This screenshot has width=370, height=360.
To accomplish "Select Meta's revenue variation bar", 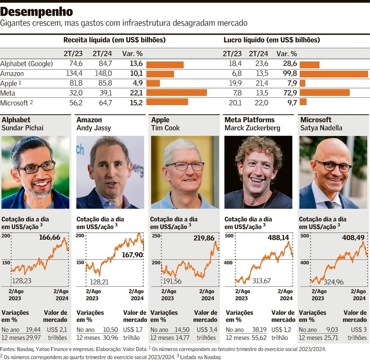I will click(x=176, y=92).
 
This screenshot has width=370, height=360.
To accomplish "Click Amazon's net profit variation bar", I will click(x=334, y=74).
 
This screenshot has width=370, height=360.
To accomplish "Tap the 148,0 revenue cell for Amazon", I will click(x=103, y=74).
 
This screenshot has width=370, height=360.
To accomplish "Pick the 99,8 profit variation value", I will click(x=290, y=74).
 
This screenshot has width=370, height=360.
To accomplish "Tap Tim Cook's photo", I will click(x=185, y=172).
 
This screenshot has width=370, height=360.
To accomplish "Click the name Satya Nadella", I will click(x=321, y=128).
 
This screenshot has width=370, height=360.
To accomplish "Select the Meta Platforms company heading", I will click(x=249, y=120).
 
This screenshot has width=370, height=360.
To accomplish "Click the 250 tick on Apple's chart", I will click(x=156, y=236).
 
